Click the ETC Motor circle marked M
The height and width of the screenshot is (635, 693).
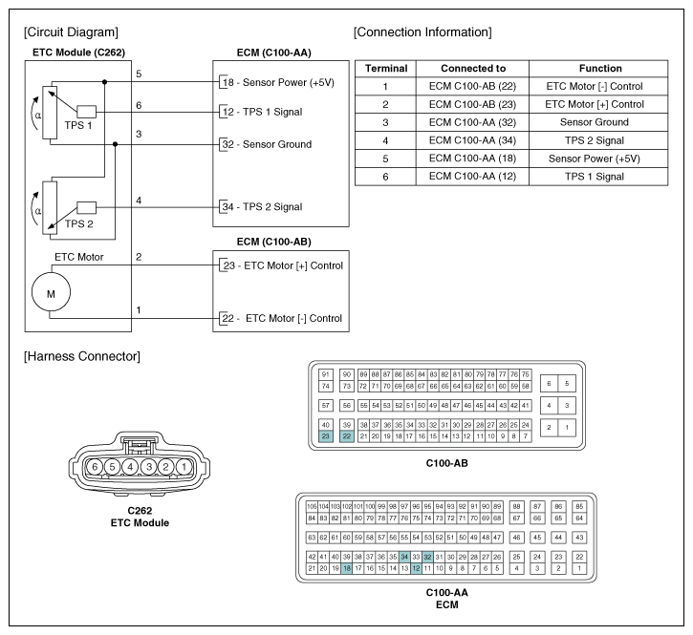pyautogui.click(x=51, y=292)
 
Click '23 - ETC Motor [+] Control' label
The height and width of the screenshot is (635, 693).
pyautogui.click(x=281, y=265)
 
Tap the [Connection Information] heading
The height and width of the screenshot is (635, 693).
pyautogui.click(x=422, y=32)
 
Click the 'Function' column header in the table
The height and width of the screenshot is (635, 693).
pyautogui.click(x=600, y=69)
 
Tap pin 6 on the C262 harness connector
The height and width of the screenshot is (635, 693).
pyautogui.click(x=96, y=467)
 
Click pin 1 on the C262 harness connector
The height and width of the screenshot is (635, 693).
pyautogui.click(x=182, y=467)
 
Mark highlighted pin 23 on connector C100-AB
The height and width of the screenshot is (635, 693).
pyautogui.click(x=325, y=436)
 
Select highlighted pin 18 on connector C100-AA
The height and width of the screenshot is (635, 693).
pyautogui.click(x=347, y=568)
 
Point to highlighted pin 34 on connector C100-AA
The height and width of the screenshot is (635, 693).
pyautogui.click(x=405, y=557)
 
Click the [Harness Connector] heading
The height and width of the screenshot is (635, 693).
pyautogui.click(x=81, y=357)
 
